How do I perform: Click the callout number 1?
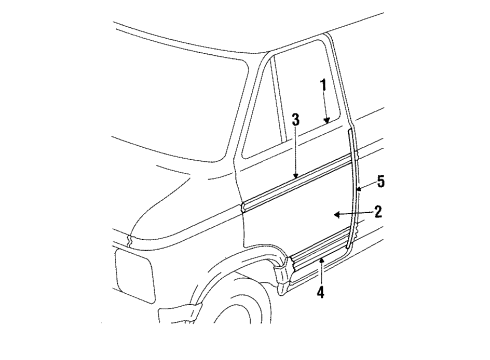pyautogui.click(x=324, y=85)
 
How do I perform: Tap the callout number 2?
pyautogui.click(x=379, y=211)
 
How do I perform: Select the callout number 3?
pyautogui.click(x=296, y=121)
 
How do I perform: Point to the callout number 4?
pyautogui.click(x=320, y=292)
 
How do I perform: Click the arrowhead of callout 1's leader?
pyautogui.click(x=325, y=124)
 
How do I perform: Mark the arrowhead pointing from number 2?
pyautogui.click(x=335, y=214)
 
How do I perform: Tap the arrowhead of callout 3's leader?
pyautogui.click(x=296, y=180)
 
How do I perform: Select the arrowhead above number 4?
pyautogui.click(x=320, y=258)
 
